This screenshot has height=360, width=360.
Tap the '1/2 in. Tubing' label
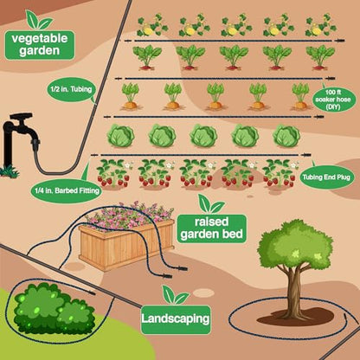tap(71, 89)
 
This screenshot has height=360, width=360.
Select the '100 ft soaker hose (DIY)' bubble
tap(335, 100)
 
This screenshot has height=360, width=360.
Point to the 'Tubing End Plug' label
tap(326, 177)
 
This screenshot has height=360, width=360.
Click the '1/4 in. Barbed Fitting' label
tap(67, 190)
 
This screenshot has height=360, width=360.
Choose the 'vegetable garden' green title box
tap(40, 45)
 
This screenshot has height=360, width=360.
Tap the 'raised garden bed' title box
tap(212, 228)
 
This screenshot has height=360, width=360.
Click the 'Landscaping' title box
tap(176, 319)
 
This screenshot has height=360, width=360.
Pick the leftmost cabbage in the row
tap(120, 136)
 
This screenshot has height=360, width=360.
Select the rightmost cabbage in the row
tap(286, 136)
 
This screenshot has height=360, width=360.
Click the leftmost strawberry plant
tap(113, 173)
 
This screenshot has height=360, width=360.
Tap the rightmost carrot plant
tap(300, 96)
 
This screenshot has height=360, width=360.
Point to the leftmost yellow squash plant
tap(151, 26)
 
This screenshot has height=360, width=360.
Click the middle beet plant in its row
tap(234, 57)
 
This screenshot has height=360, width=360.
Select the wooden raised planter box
tap(126, 244)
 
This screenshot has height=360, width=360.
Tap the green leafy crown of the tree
tap(295, 245)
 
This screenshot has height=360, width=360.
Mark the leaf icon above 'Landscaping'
tap(176, 295)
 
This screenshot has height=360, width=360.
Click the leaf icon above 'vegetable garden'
tap(38, 20)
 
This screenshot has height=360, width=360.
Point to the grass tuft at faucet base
tap(10, 171)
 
